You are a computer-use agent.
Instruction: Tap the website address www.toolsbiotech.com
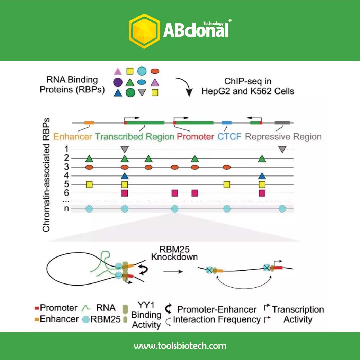[180, 346]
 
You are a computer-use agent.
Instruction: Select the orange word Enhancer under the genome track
[73, 136]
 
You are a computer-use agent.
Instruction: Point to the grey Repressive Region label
[283, 136]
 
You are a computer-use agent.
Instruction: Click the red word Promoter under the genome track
[195, 136]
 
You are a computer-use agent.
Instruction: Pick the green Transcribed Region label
[134, 136]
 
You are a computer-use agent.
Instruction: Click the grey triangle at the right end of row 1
[282, 150]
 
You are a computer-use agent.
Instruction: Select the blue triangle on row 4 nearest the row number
[125, 176]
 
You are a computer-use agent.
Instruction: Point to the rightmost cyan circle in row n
[282, 209]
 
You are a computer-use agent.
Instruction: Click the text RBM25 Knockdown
[174, 253]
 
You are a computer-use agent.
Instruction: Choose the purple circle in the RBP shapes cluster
[118, 82]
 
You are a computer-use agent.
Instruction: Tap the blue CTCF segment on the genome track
[227, 123]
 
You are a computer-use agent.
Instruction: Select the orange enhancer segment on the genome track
[89, 123]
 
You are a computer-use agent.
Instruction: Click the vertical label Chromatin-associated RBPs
[46, 175]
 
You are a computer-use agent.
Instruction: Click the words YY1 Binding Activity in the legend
[146, 315]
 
